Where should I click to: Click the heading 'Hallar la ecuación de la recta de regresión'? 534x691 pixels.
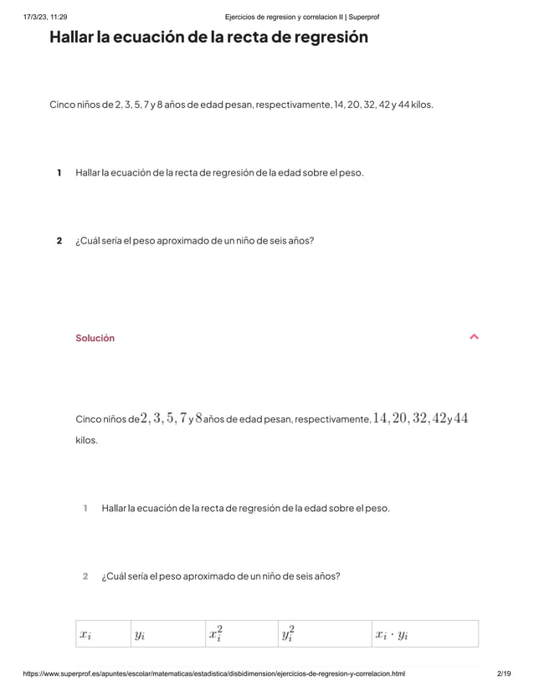tap(208, 38)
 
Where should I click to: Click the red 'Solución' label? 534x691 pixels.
tap(95, 338)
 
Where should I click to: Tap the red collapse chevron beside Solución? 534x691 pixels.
tap(475, 337)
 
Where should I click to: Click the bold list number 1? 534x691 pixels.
tap(59, 172)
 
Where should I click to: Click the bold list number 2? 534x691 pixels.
tap(59, 241)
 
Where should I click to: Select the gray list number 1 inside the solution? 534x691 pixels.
tap(85, 508)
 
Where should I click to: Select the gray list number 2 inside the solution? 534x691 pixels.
tap(85, 576)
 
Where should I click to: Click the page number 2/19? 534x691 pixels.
tap(504, 673)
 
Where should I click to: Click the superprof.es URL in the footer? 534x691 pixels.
tap(214, 673)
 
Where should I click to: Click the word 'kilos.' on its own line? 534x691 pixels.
tap(86, 439)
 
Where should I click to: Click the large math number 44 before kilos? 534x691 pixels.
tap(460, 417)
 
